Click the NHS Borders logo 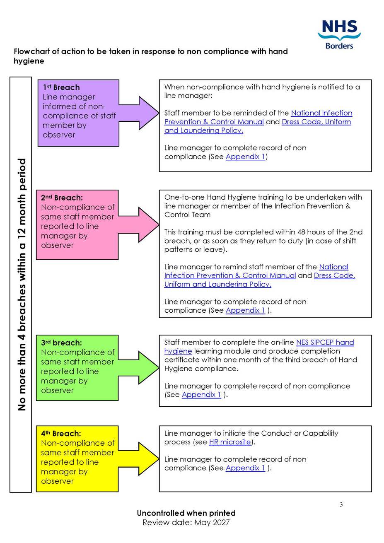[339, 35]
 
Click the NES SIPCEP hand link [325, 343]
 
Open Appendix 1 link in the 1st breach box [245, 157]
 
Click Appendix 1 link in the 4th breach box [245, 468]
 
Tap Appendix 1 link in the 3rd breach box [201, 395]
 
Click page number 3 [341, 504]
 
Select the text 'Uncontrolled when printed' [186, 513]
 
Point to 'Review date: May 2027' [186, 522]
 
